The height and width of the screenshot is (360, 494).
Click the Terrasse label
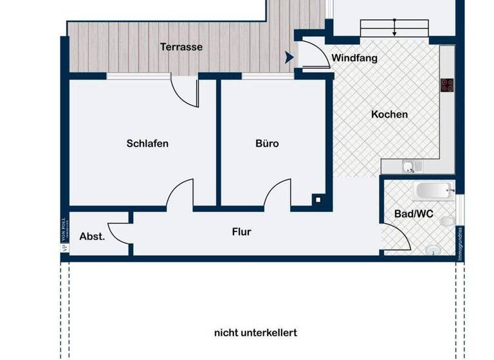tap(181, 47)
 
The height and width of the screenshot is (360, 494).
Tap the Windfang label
tap(354, 58)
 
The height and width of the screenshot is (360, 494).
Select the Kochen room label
tap(389, 114)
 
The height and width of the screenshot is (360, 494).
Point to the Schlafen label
tap(147, 143)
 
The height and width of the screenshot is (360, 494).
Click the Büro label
tap(267, 143)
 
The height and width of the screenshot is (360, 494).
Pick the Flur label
tap(241, 232)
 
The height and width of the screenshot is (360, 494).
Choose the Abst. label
tap(92, 236)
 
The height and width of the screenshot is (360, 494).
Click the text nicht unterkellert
tap(255, 333)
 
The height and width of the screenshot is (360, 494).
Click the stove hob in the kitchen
tap(447, 85)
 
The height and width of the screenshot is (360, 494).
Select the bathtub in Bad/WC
tap(434, 190)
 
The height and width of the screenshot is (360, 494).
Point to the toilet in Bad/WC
tap(446, 222)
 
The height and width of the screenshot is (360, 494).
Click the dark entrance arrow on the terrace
tap(289, 57)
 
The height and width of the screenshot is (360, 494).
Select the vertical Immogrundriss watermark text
tap(460, 244)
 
